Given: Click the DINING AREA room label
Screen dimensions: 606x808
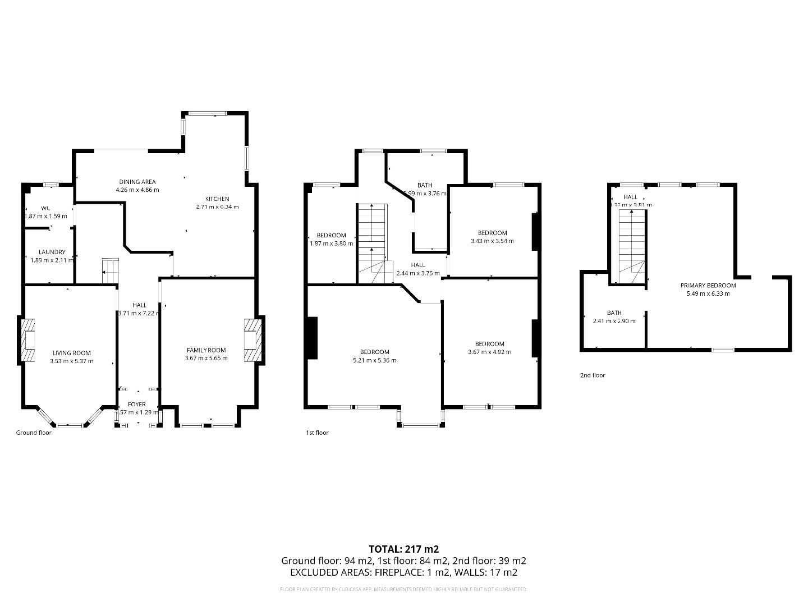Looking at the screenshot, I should (137, 182).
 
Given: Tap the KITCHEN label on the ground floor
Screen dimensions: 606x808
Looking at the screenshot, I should (217, 199).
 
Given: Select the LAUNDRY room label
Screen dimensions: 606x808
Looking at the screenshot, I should (52, 252).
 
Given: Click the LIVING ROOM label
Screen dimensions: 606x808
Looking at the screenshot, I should (71, 353).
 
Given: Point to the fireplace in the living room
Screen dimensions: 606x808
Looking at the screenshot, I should (28, 340).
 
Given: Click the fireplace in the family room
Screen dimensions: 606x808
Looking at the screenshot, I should (252, 340).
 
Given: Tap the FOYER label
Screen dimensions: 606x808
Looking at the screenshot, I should (137, 404).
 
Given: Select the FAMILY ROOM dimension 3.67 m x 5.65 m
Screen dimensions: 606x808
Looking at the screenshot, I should (206, 358).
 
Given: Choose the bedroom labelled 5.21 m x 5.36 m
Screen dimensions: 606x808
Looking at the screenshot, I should (374, 360).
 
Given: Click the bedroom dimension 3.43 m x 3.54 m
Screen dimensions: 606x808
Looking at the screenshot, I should (492, 241).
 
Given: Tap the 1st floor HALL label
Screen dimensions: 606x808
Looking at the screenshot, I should (418, 265).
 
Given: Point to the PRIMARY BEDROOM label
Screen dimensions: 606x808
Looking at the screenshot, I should (708, 285).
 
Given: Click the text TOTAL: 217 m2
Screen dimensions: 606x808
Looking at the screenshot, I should (403, 549).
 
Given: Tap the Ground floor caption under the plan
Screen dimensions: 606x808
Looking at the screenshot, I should (34, 433).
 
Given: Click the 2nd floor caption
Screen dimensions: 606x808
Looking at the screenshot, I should (593, 375).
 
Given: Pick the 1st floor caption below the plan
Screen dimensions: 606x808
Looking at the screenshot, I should (317, 433).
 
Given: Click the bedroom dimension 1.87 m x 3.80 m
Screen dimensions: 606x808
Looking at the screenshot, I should (331, 244).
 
